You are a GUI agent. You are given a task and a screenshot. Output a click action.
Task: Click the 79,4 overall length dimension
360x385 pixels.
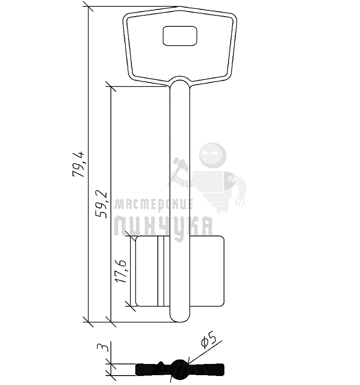click(x=78, y=164)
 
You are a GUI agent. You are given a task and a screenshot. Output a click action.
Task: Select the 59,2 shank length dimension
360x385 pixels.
click(x=101, y=204)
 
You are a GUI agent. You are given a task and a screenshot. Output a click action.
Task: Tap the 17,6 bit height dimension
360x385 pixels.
click(x=121, y=270)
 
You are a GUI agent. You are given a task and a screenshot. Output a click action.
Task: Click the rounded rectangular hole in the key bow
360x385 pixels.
click(x=180, y=36)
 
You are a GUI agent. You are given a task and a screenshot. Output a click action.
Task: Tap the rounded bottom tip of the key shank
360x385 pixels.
click(x=180, y=318)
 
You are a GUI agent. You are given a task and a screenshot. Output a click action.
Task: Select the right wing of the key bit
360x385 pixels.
click(x=207, y=271)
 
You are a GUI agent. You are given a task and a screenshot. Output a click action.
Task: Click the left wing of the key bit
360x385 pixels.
click(x=152, y=271)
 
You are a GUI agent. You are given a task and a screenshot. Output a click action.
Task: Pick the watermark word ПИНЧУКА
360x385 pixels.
click(x=164, y=226)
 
